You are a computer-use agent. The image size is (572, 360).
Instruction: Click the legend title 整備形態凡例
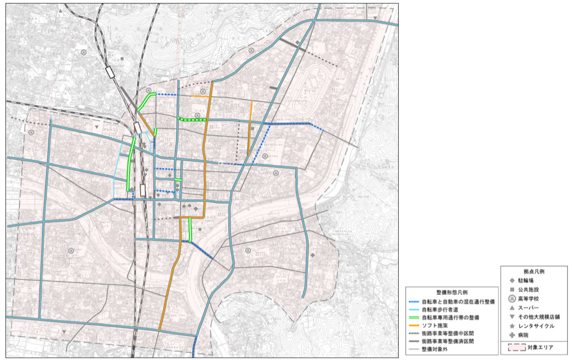click(452, 293)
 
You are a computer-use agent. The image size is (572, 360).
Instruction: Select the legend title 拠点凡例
click(533, 271)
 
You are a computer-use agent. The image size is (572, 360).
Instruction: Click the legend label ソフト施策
click(435, 325)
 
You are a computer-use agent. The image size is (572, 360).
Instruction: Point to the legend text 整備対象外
click(435, 349)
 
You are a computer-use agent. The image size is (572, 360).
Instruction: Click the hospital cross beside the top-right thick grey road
click(297, 42)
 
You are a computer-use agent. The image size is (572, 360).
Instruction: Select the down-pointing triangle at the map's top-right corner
click(376, 17)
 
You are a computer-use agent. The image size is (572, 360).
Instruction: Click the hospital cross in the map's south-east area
click(313, 255)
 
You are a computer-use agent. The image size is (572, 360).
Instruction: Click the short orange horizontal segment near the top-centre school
click(200, 97)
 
